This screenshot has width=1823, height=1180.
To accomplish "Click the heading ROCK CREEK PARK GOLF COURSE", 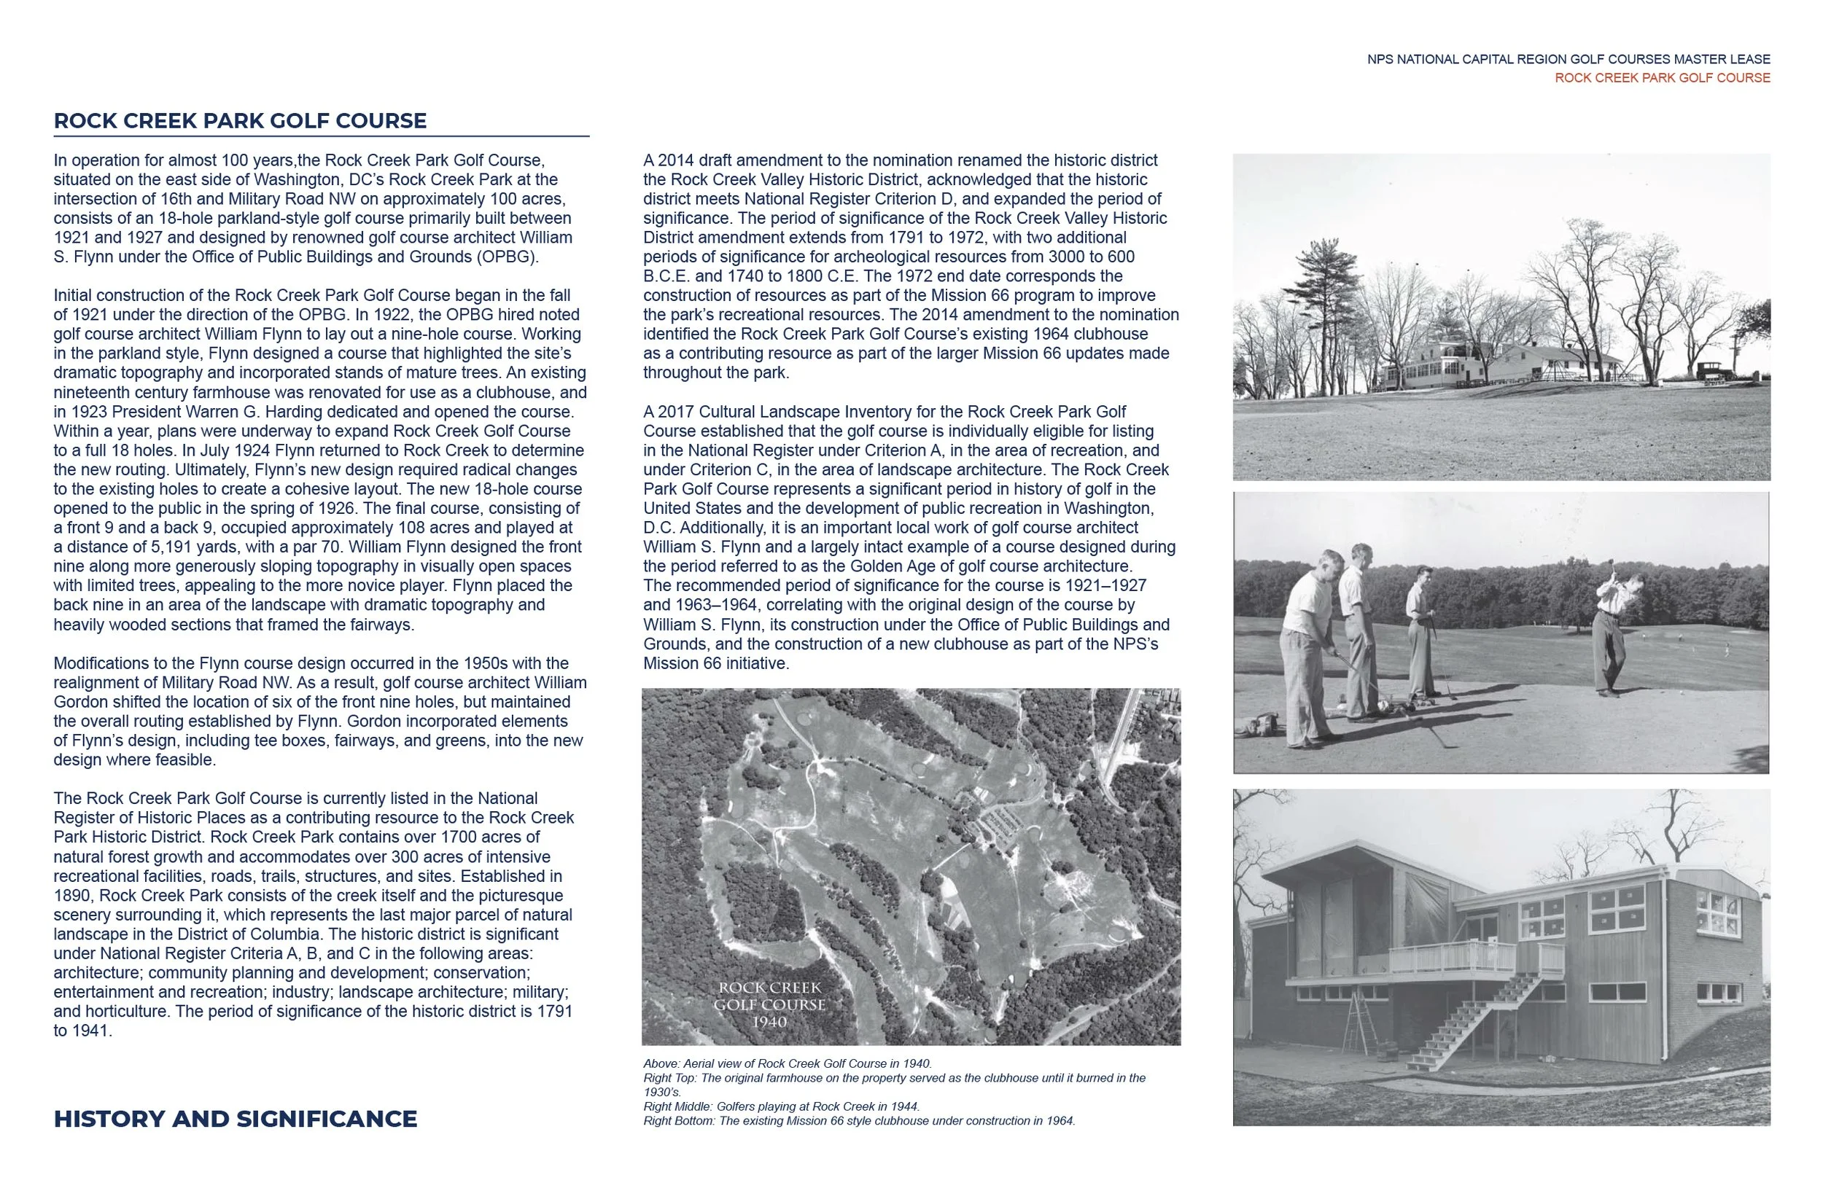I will (x=240, y=121).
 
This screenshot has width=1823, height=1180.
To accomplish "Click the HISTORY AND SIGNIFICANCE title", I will (x=235, y=1119).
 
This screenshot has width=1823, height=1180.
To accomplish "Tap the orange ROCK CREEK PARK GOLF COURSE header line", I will (x=1661, y=78).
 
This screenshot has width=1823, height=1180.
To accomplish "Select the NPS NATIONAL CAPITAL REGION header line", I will (x=1568, y=59).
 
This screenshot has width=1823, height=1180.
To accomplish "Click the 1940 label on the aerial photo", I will (x=769, y=1023).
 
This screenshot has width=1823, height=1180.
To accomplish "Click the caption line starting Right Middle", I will (x=780, y=1106).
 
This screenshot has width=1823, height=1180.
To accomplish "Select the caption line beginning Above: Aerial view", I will (x=787, y=1063).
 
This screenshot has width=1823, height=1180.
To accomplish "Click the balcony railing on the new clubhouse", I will (x=1452, y=956).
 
